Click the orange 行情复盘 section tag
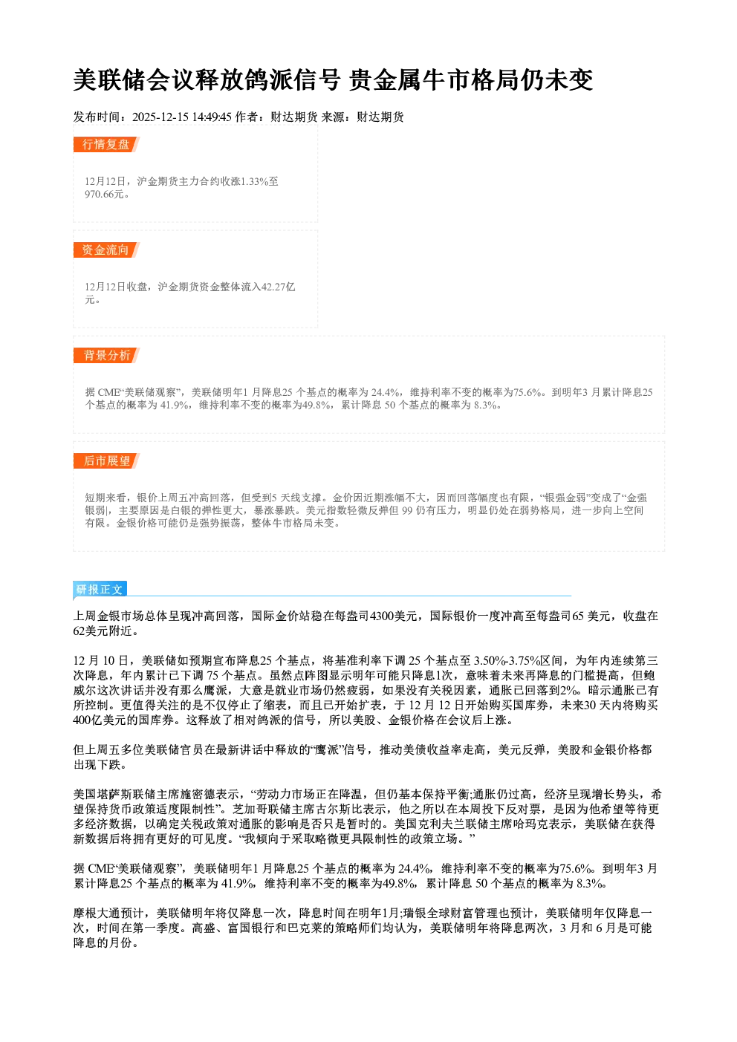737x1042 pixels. (106, 144)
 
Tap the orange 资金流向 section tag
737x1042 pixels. (106, 250)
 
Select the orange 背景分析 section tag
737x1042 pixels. (106, 356)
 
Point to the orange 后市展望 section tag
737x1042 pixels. (106, 461)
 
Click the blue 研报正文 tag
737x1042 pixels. (100, 590)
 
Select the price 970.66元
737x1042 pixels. (105, 195)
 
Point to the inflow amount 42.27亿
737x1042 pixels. (279, 287)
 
